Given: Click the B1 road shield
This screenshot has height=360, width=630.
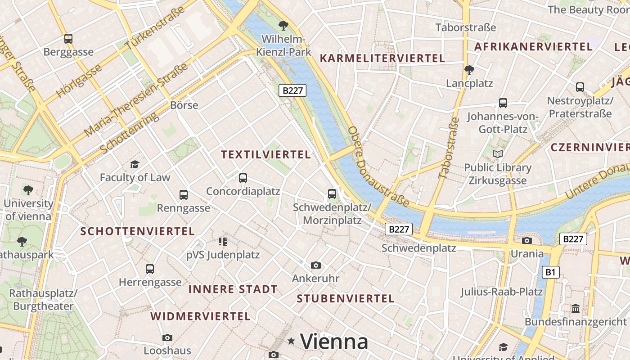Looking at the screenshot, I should [550, 272].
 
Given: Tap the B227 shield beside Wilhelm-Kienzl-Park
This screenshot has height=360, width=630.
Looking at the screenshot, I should [292, 90].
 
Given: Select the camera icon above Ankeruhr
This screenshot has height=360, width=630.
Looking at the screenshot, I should [316, 265].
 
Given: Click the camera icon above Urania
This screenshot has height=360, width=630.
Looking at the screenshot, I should [527, 240].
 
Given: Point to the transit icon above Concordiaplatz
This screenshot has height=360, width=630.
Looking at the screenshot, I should [243, 178].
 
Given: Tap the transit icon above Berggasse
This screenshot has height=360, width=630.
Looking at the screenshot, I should [68, 39].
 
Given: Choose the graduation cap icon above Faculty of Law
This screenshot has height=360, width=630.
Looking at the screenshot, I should [135, 164].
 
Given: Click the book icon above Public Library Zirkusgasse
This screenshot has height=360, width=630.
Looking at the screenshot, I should [497, 154].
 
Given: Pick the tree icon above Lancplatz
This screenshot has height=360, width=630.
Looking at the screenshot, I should [469, 70].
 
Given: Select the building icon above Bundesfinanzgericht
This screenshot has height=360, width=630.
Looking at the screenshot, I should [576, 309].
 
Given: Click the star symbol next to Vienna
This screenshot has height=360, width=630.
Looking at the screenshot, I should [292, 342].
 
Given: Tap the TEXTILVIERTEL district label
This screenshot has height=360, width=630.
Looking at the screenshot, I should [266, 155].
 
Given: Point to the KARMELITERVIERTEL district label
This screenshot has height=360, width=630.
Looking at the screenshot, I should [382, 58].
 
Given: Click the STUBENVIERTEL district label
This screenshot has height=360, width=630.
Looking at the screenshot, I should [346, 298].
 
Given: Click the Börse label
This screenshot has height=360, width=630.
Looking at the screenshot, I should [184, 105].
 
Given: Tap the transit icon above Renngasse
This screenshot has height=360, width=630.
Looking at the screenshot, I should [184, 195].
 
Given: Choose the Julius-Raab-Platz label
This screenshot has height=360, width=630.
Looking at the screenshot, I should [501, 292].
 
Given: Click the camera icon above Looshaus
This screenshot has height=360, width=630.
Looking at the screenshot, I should [167, 337].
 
